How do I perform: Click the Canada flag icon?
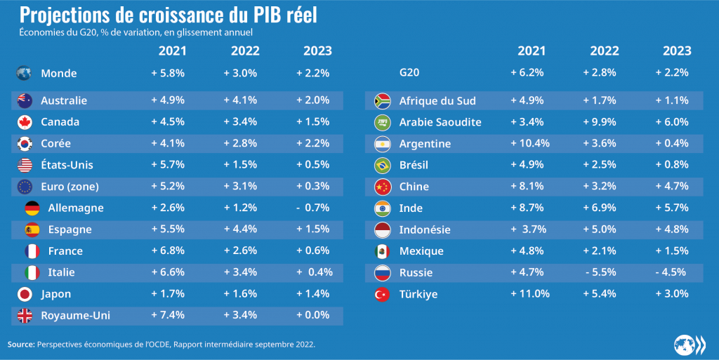[x=24, y=122]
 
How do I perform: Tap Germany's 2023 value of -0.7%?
[x=312, y=208]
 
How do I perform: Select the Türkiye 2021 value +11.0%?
[x=531, y=294]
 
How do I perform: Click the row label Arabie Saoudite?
[x=440, y=122]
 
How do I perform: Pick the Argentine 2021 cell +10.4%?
[x=531, y=144]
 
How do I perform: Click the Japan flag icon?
[x=24, y=294]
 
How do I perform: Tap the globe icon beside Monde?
[x=24, y=73]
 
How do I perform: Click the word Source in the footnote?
[x=20, y=345]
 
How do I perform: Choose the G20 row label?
[x=411, y=72]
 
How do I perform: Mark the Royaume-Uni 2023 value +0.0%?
[x=312, y=315]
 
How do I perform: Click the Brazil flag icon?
[x=383, y=166]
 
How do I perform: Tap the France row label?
[x=65, y=251]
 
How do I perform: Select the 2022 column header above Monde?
[x=245, y=51]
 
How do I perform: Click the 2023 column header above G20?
[x=677, y=51]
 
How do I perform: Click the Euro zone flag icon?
[x=24, y=187]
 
